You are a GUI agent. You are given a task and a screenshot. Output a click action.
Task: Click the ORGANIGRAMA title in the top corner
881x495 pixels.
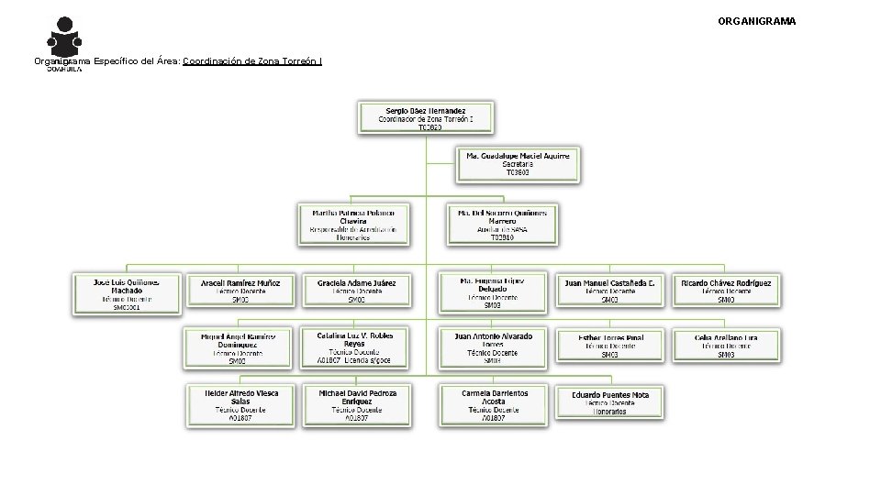(x=756, y=20)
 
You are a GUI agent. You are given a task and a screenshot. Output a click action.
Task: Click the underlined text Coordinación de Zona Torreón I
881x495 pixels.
(x=252, y=61)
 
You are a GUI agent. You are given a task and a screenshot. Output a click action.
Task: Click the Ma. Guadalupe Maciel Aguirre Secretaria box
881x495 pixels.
(x=518, y=164)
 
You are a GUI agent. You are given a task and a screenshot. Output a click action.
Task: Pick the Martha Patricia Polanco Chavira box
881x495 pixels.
(x=353, y=224)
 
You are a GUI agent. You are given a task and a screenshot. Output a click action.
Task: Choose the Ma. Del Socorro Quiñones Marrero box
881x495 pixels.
(x=502, y=224)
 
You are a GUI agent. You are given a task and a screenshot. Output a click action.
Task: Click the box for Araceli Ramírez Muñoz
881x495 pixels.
(x=241, y=291)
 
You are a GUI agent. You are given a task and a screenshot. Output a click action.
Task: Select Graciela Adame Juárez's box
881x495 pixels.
(x=356, y=291)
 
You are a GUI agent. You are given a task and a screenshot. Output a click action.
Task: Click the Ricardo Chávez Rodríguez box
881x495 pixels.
(x=726, y=291)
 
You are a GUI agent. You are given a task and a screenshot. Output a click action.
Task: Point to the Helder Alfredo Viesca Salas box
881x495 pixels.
(x=240, y=404)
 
